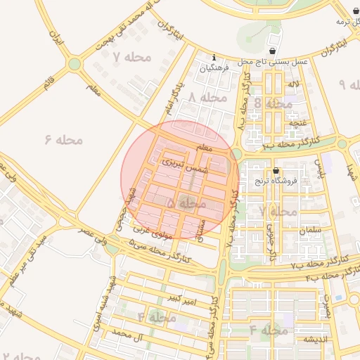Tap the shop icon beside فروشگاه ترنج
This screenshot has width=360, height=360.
tap(274, 170)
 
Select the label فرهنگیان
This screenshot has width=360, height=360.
tap(214, 69)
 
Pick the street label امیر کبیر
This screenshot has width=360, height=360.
tap(182, 300)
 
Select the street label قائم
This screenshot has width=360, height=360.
tap(49, 84)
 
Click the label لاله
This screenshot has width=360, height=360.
tap(294, 84)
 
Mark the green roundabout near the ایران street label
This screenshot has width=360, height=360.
tap(75, 65)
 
